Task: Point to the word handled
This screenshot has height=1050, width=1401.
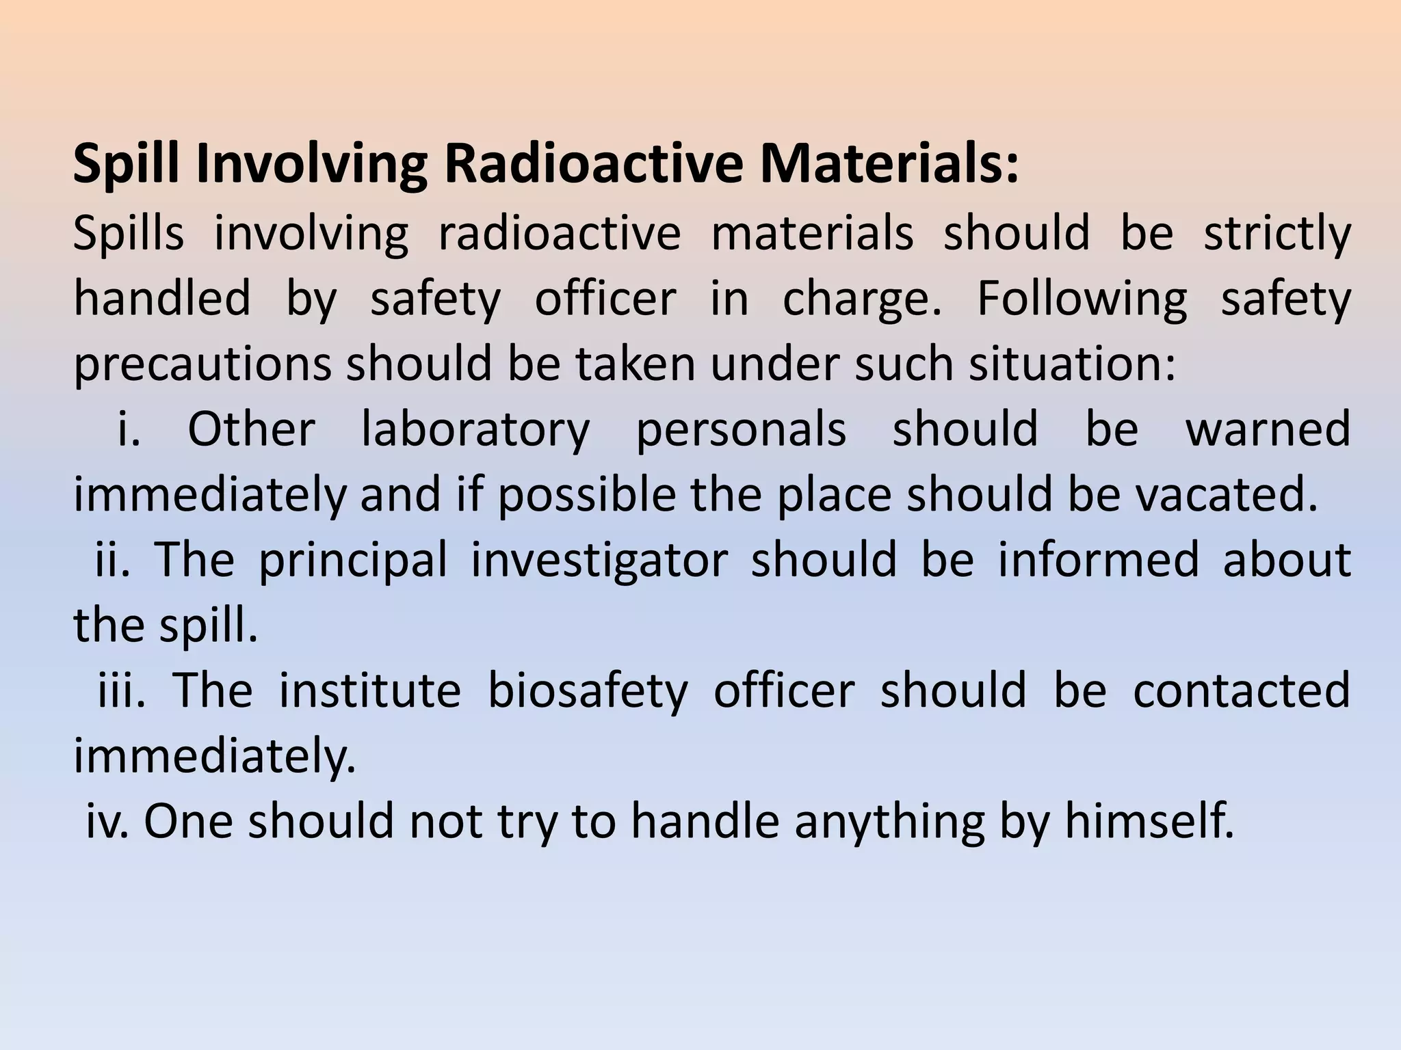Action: [162, 298]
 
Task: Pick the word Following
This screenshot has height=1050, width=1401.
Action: [1082, 299]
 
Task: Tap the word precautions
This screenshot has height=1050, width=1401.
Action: [202, 364]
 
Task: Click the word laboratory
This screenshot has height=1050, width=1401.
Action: [475, 429]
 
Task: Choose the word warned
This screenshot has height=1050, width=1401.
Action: [1268, 429]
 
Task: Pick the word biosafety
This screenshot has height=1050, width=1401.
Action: [587, 691]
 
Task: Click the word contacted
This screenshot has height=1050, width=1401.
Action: [1242, 690]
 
